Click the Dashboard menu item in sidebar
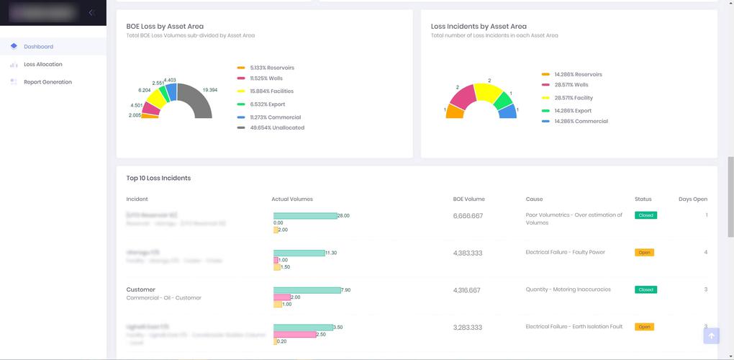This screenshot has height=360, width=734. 38,47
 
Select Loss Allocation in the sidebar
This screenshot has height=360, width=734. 42,65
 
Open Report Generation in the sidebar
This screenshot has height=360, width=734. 47,82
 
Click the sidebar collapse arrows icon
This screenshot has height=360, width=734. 91,12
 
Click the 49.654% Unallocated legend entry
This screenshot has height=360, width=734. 276,128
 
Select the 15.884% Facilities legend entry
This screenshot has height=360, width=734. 271,91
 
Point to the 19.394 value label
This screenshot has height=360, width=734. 210,90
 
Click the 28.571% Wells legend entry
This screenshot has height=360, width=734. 571,85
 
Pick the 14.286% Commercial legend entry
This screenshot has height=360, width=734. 581,122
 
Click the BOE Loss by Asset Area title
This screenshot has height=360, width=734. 165,27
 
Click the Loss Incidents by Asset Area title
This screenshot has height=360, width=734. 479,27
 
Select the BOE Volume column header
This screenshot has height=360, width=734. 468,199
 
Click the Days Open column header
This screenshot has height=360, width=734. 692,199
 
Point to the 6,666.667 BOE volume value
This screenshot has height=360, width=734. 468,216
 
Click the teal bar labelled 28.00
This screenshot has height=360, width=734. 305,215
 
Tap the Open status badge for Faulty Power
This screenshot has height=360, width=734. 644,253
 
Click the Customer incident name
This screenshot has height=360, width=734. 141,290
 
